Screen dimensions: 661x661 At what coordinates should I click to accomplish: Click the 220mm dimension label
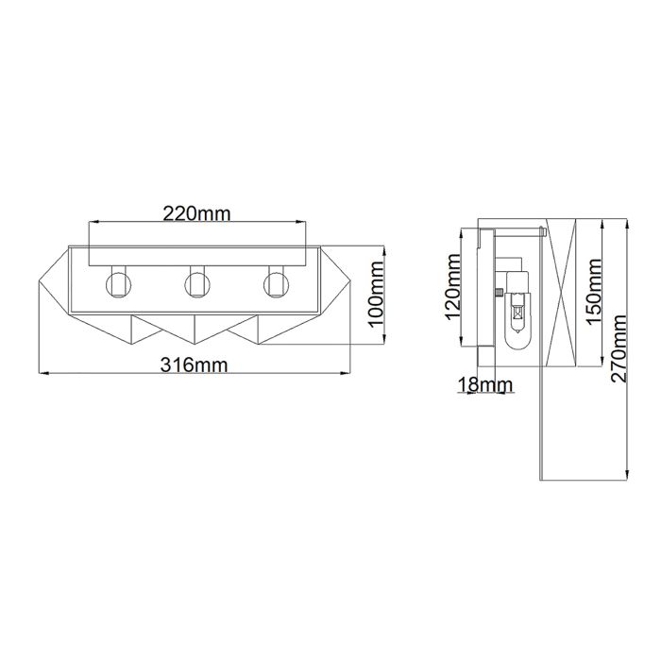196,212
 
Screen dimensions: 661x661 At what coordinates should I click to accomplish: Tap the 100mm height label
376,297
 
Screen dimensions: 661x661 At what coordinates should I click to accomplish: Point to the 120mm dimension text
451,287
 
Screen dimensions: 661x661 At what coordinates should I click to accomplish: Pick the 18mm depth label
483,384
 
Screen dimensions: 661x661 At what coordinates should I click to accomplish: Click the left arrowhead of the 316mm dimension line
40,374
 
